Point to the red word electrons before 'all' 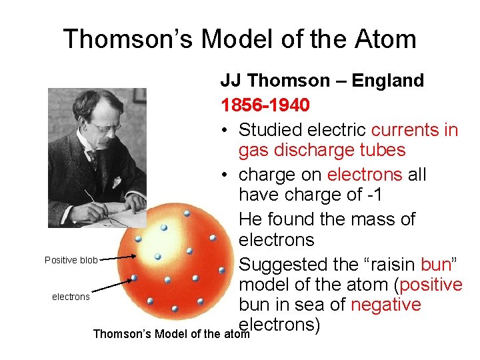click(365, 175)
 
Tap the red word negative click(385, 305)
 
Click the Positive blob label click(71, 260)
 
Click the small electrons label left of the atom click(71, 297)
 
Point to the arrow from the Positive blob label click(119, 257)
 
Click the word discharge click(304, 149)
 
